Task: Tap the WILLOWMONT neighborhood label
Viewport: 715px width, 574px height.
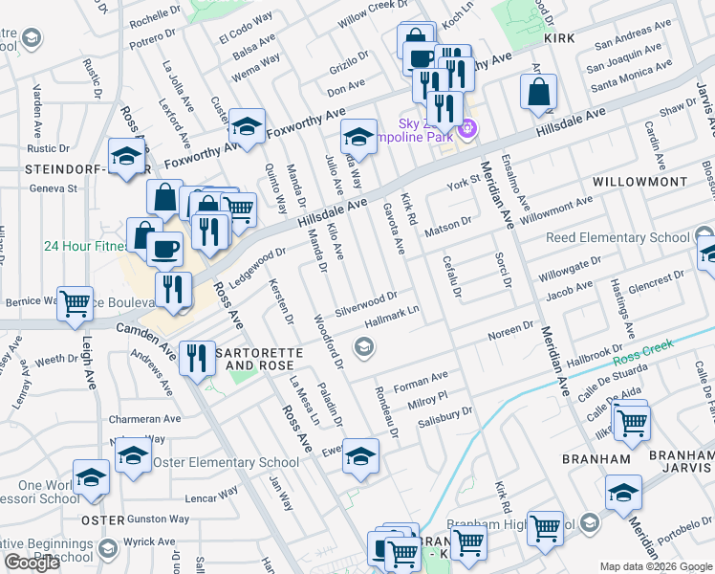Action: coord(639,181)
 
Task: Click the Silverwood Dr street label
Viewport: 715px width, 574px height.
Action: coord(365,303)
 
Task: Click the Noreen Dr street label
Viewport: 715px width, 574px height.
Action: coord(509,327)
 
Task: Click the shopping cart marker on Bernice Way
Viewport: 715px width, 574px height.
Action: coord(75,302)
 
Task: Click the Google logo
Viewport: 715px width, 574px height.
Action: coord(32,563)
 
